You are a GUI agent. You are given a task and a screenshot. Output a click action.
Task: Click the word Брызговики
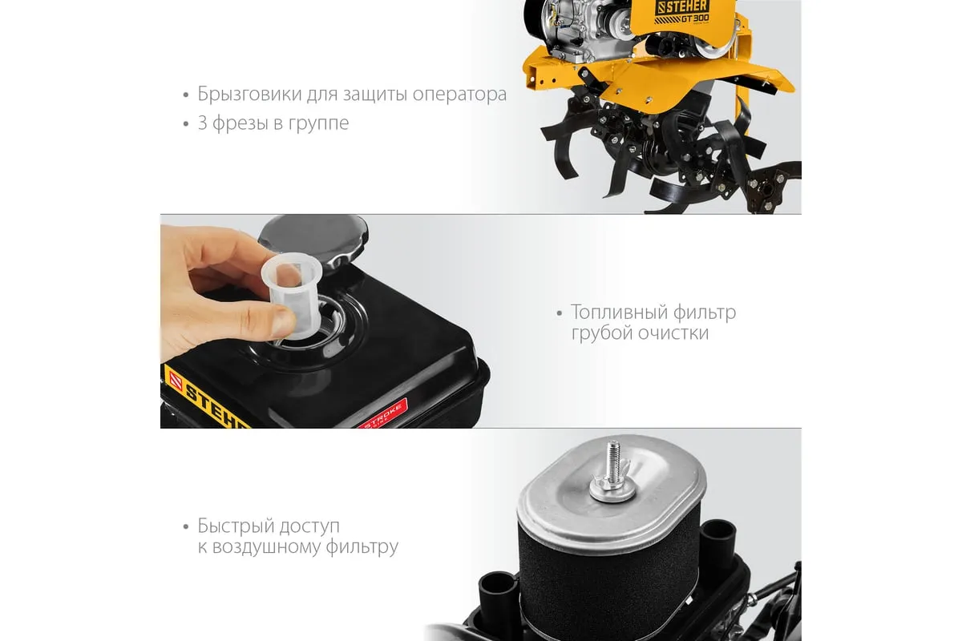click(x=249, y=94)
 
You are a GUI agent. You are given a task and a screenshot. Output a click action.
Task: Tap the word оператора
click(x=459, y=95)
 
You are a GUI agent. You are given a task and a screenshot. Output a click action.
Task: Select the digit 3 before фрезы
click(x=202, y=123)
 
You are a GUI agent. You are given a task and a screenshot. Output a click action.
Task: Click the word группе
click(x=318, y=124)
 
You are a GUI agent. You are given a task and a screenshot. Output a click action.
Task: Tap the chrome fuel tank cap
click(x=313, y=240)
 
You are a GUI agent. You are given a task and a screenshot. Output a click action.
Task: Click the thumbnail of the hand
click(x=284, y=321)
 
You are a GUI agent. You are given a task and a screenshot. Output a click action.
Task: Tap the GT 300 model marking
click(x=695, y=18)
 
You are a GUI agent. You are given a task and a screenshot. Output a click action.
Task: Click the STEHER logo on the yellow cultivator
click(x=682, y=6)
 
